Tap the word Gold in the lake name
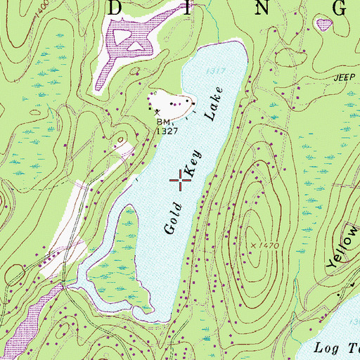click(174, 218)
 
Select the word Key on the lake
click(193, 163)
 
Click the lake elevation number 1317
click(216, 70)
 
